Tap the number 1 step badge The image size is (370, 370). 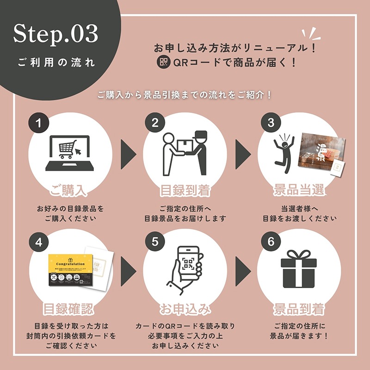(x=39, y=123)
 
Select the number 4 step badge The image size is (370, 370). (x=39, y=241)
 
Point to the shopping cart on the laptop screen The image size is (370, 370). (x=67, y=149)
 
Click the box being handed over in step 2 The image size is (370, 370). (x=184, y=145)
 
